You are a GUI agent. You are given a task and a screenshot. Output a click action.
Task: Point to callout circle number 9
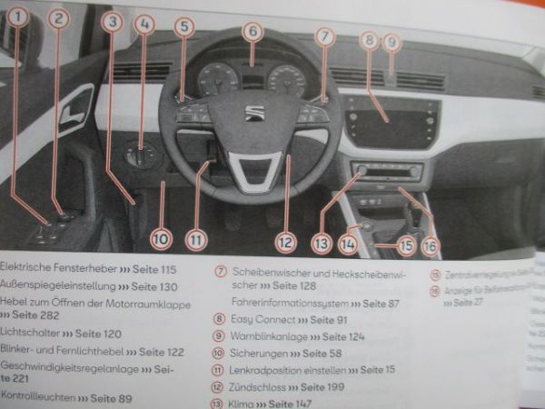click(391, 41)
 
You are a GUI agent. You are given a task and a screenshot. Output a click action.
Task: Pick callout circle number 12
click(286, 242)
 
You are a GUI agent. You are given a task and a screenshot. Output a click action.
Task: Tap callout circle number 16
click(429, 245)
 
